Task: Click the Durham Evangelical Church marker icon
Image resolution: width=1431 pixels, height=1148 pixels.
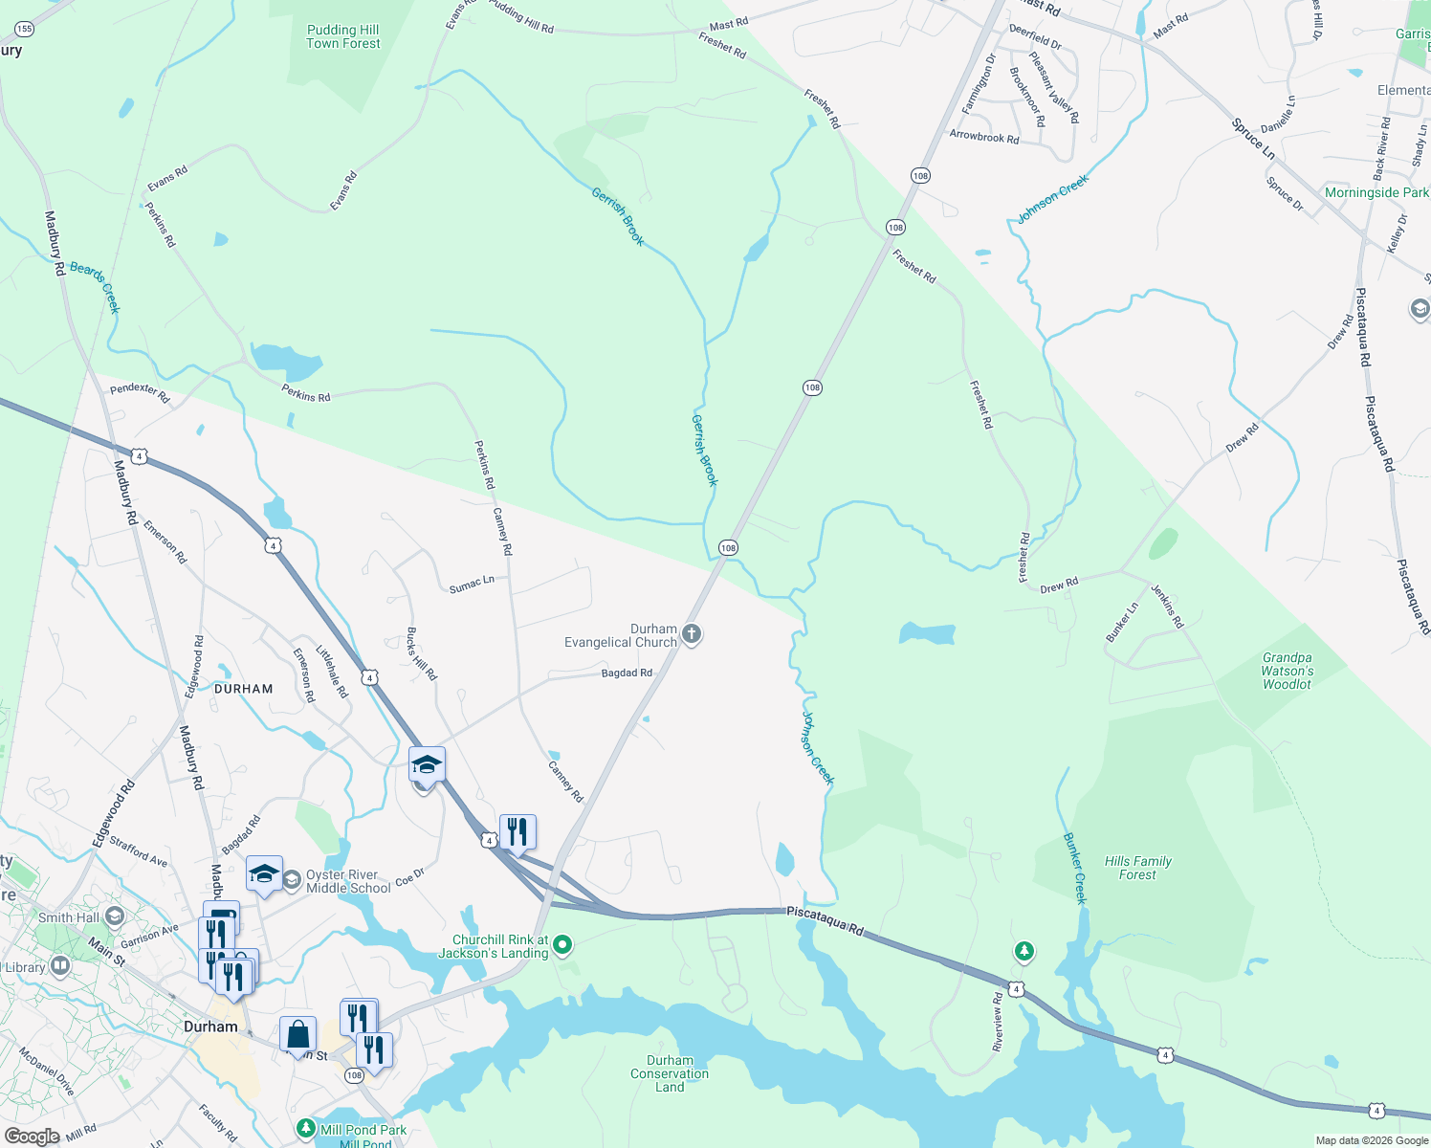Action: (692, 633)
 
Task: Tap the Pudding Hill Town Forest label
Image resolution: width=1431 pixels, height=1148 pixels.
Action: (343, 36)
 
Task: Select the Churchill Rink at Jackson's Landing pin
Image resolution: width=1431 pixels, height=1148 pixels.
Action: (562, 946)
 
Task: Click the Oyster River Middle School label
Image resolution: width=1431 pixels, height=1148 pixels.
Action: (348, 881)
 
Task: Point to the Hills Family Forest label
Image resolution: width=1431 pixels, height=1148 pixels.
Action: (1137, 868)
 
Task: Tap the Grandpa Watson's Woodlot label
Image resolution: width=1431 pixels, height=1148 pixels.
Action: (1288, 671)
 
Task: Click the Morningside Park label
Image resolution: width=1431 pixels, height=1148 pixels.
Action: (1376, 192)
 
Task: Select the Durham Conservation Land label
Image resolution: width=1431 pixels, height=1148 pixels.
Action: (670, 1073)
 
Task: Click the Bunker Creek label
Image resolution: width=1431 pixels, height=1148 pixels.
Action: (1076, 868)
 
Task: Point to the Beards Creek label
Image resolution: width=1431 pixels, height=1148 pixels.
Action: (95, 287)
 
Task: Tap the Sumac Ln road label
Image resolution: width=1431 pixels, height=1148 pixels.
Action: (472, 584)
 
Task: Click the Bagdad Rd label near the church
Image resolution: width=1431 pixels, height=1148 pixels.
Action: (627, 673)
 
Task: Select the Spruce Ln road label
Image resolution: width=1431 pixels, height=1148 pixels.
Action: (1253, 140)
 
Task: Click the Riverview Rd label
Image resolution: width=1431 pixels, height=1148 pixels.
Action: (998, 1022)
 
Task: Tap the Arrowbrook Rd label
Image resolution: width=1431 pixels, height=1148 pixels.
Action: (984, 137)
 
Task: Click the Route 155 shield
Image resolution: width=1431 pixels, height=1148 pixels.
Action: (24, 29)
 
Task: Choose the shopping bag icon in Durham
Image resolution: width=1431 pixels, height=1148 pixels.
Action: (297, 1034)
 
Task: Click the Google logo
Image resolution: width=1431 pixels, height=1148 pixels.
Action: (32, 1137)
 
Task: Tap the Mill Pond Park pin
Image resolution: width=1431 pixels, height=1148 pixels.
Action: (306, 1130)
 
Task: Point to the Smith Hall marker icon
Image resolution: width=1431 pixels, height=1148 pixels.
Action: (115, 917)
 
